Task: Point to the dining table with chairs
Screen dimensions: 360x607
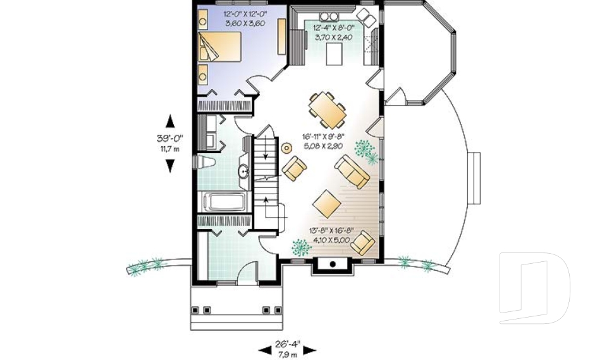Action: pos(328,109)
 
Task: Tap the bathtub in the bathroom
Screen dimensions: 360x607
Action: pos(226,202)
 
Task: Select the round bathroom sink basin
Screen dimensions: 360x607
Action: pos(243,171)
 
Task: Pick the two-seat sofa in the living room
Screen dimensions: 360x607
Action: pos(353,171)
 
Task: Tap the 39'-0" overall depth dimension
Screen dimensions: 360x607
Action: pos(169,139)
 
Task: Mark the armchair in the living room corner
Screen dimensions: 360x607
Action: pos(363,243)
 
